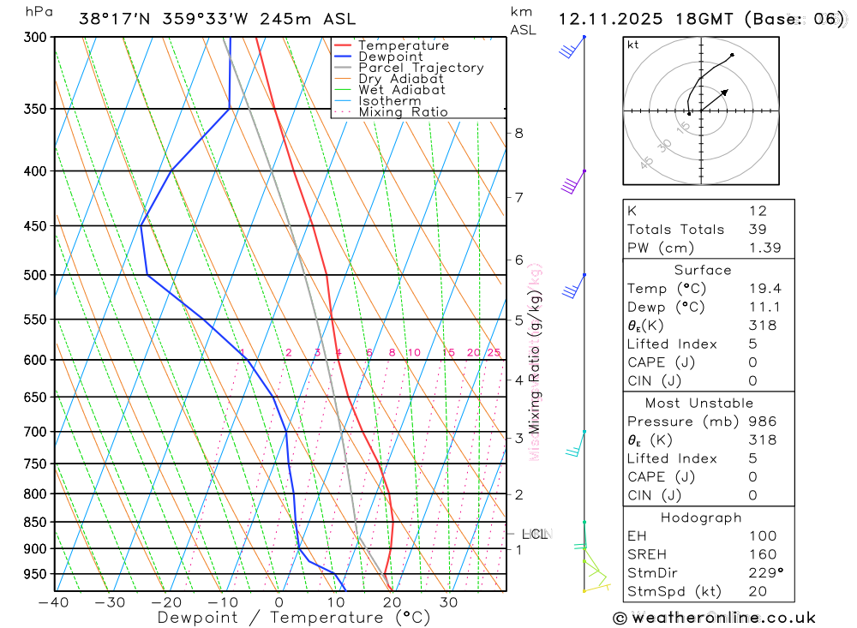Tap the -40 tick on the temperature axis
pos(53,602)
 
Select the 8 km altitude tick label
pos(518,133)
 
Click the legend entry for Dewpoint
pos(390,57)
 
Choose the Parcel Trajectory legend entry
pos(420,68)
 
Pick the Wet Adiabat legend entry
pos(401,90)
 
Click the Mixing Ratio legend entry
pos(403,111)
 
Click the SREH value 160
pos(762,554)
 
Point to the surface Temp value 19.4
pos(764,289)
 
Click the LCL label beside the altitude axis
pos(534,535)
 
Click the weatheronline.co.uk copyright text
pos(714,618)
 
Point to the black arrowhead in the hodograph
pos(725,91)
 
